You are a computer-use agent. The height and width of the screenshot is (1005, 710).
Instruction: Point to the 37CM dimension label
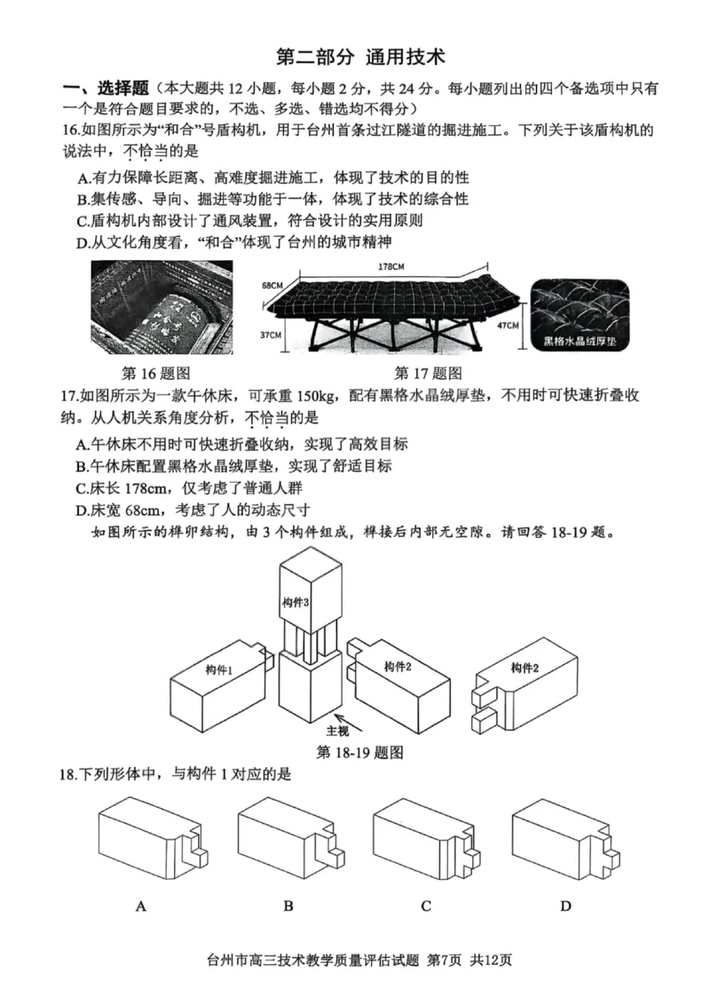[271, 335]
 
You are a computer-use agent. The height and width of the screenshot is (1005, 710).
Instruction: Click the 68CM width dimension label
[272, 286]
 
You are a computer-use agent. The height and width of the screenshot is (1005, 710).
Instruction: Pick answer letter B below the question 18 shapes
[288, 906]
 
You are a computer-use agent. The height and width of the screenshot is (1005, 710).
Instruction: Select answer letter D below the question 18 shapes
[566, 906]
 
